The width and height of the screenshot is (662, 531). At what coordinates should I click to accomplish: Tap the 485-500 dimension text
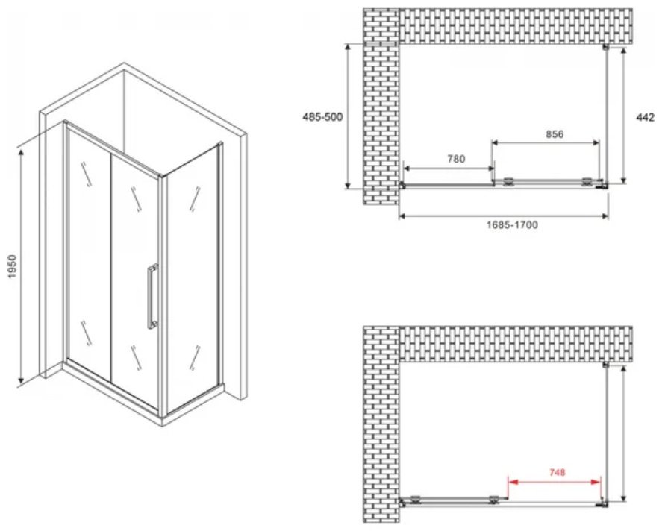pyautogui.click(x=322, y=117)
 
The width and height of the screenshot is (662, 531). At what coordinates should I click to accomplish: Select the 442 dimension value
pyautogui.click(x=645, y=117)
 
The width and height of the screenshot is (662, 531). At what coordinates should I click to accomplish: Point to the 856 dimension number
pyautogui.click(x=555, y=134)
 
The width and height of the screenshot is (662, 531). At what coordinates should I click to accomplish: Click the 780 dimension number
pyautogui.click(x=456, y=159)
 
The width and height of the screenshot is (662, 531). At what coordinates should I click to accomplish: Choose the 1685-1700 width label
pyautogui.click(x=512, y=224)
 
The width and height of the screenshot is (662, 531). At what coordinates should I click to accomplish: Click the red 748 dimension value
pyautogui.click(x=557, y=472)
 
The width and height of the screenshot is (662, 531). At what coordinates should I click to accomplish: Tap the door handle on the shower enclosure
pyautogui.click(x=152, y=296)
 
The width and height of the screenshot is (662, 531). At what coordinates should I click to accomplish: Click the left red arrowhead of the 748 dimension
pyautogui.click(x=512, y=481)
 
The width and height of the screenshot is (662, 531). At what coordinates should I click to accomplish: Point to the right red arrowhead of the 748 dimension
pyautogui.click(x=596, y=481)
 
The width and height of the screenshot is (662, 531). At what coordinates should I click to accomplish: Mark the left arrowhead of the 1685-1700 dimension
pyautogui.click(x=403, y=216)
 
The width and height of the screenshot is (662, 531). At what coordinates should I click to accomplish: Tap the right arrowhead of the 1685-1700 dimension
pyautogui.click(x=605, y=216)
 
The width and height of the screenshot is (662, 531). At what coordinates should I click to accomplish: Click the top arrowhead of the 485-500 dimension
pyautogui.click(x=348, y=47)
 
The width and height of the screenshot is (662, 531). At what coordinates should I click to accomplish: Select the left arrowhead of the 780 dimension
pyautogui.click(x=407, y=169)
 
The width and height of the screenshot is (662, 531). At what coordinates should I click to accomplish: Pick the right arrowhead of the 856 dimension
pyautogui.click(x=595, y=143)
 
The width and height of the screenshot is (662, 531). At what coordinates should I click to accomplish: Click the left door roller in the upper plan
pyautogui.click(x=508, y=181)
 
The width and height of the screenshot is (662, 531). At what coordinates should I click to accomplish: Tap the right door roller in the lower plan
pyautogui.click(x=493, y=500)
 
